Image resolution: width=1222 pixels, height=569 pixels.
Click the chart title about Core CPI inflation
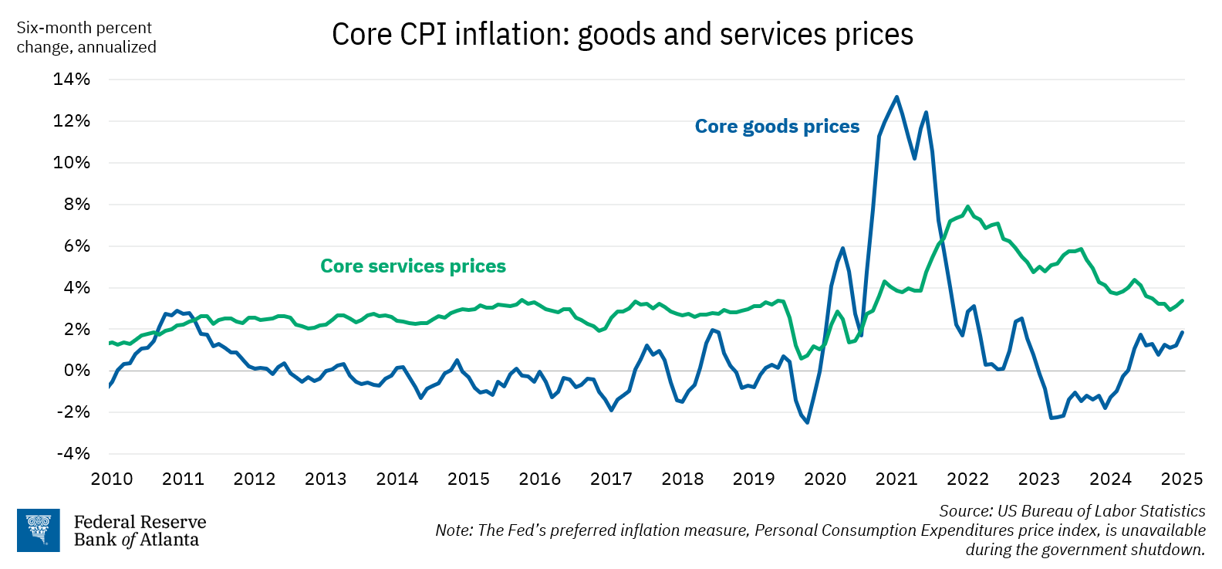pyautogui.click(x=622, y=35)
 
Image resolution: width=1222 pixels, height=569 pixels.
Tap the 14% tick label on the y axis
pyautogui.click(x=72, y=80)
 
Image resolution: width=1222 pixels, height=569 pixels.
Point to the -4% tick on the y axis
pyautogui.click(x=73, y=454)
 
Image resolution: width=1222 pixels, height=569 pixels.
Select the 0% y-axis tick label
pyautogui.click(x=76, y=371)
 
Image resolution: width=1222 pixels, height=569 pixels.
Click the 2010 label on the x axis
pyautogui.click(x=112, y=479)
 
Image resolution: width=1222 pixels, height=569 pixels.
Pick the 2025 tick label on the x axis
pyautogui.click(x=1181, y=479)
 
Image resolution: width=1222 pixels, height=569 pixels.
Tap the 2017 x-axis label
pyautogui.click(x=611, y=479)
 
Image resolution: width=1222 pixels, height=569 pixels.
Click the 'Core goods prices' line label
pyautogui.click(x=777, y=127)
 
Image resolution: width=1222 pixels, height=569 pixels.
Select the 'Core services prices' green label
pyautogui.click(x=413, y=266)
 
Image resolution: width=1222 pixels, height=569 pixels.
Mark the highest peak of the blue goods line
pyautogui.click(x=896, y=97)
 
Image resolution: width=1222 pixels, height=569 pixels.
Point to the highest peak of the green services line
pyautogui.click(x=967, y=207)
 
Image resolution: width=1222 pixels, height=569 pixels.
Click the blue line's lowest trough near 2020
pyautogui.click(x=808, y=422)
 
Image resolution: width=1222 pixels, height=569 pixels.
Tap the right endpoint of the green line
pyautogui.click(x=1183, y=301)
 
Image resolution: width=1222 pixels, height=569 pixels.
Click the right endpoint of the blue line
pyautogui.click(x=1183, y=333)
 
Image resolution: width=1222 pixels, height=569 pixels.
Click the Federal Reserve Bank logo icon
pyautogui.click(x=38, y=530)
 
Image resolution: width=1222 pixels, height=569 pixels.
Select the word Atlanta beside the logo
pyautogui.click(x=170, y=540)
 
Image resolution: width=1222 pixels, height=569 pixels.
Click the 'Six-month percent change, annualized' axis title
pyautogui.click(x=86, y=37)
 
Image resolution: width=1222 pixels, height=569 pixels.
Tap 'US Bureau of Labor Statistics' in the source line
pyautogui.click(x=1101, y=511)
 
